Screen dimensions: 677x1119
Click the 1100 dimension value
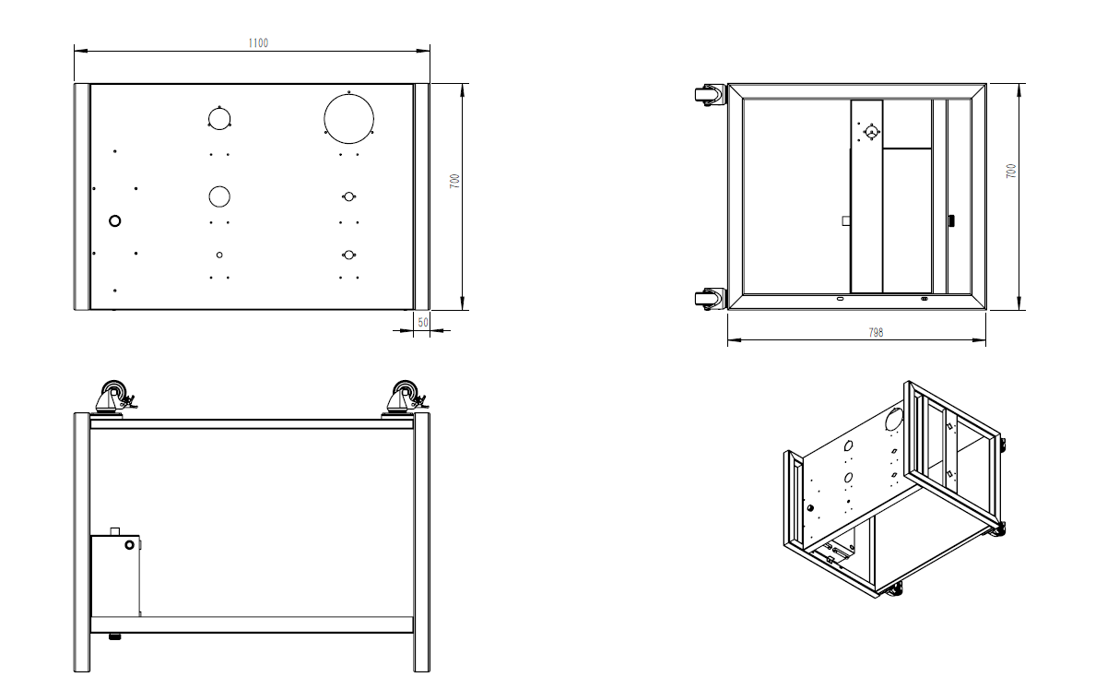pos(258,43)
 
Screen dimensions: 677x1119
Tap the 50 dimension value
pos(422,322)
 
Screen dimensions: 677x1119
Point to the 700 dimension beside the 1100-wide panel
pos(454,182)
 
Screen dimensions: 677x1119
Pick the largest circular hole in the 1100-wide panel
pos(349,117)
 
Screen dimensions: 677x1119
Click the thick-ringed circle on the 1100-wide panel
pos(115,221)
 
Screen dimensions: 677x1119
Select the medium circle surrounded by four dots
pos(218,119)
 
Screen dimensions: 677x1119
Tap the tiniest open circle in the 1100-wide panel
pos(219,255)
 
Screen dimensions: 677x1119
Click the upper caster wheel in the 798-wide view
pos(707,95)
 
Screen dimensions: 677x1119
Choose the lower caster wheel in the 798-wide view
pos(707,299)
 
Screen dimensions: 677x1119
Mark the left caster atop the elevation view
pos(114,398)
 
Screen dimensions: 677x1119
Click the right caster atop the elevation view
pos(405,398)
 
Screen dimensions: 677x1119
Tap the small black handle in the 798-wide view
pos(952,221)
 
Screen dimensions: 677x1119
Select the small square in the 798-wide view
pos(845,220)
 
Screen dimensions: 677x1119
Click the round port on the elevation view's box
pos(129,546)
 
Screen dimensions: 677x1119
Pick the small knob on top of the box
pos(115,530)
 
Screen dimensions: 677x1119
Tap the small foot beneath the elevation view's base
pos(115,636)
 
